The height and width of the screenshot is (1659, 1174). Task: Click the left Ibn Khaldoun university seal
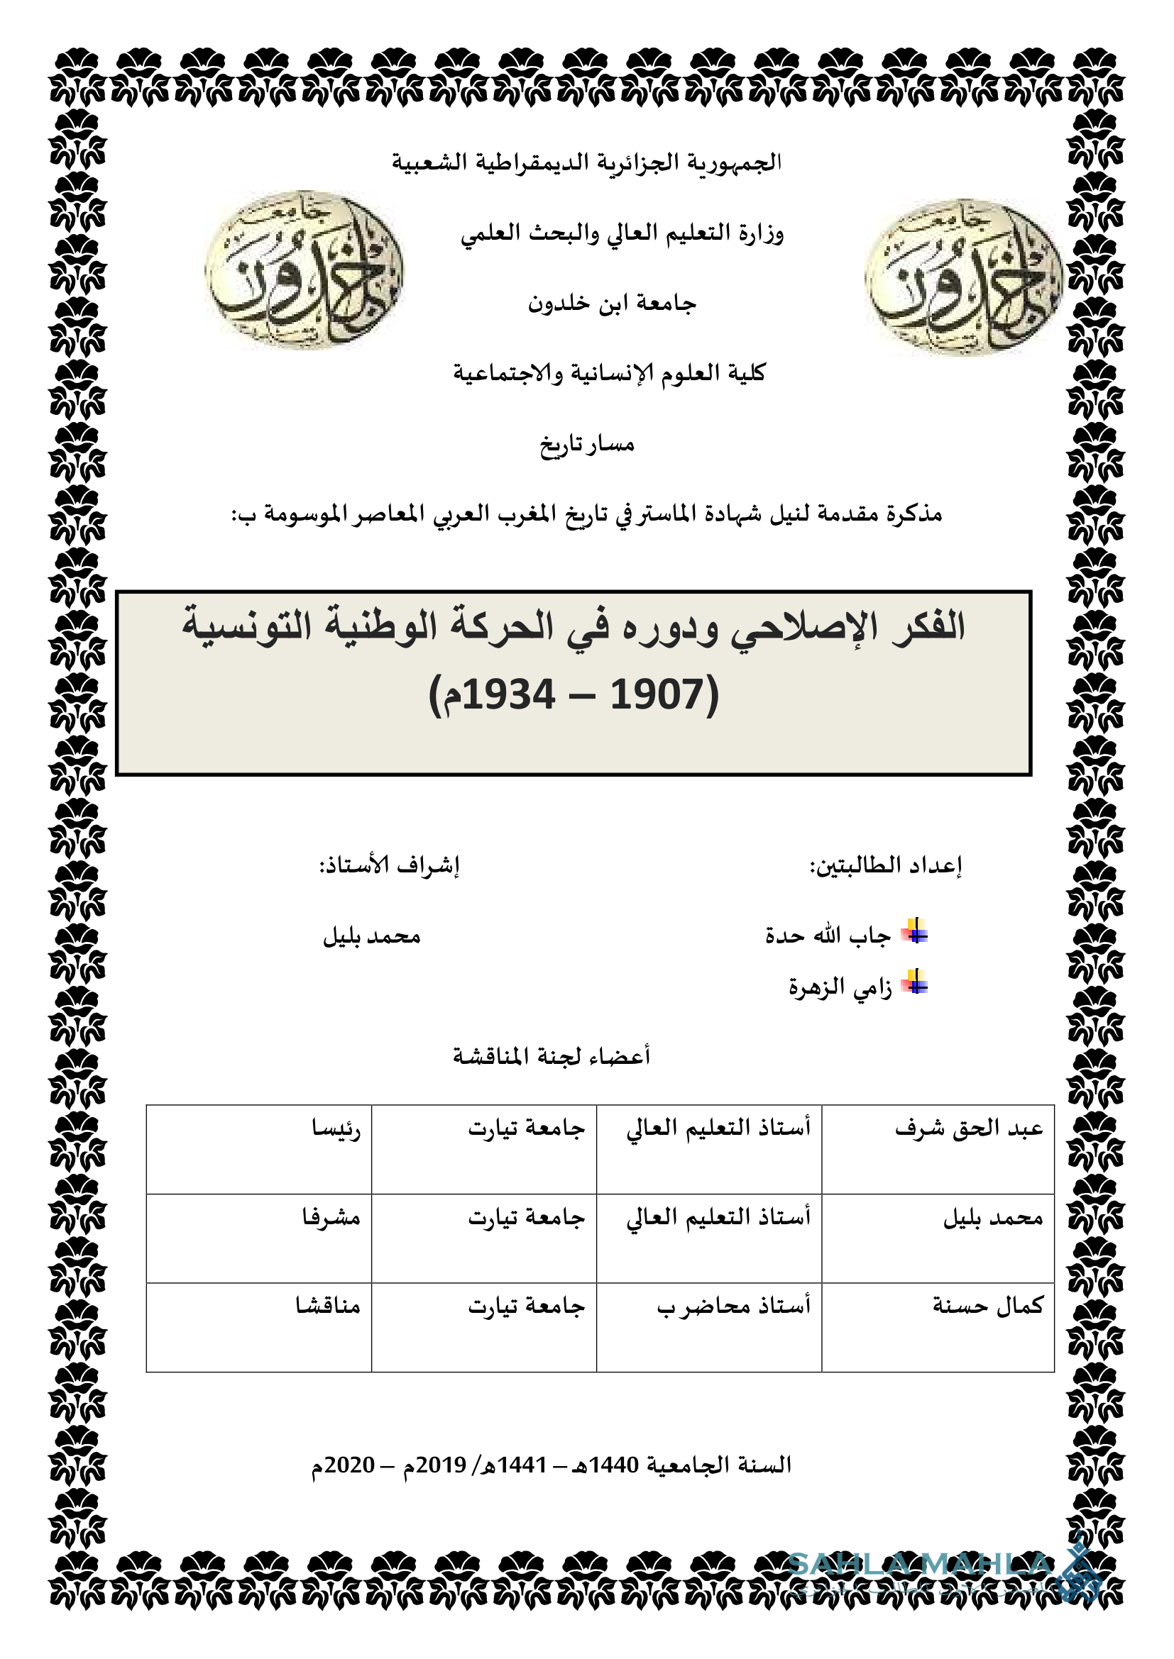click(x=304, y=270)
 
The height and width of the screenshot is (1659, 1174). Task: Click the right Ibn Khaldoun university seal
click(x=963, y=277)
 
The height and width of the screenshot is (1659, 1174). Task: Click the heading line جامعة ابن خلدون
click(x=612, y=304)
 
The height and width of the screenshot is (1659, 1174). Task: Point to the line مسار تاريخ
click(x=587, y=443)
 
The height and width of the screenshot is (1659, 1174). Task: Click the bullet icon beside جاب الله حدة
click(x=915, y=931)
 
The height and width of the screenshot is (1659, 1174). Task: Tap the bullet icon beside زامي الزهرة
click(x=915, y=982)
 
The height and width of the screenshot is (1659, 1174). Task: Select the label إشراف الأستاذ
click(x=390, y=865)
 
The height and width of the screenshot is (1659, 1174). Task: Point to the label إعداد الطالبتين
click(x=886, y=865)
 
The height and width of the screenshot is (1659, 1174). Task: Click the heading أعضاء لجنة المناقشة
click(x=552, y=1056)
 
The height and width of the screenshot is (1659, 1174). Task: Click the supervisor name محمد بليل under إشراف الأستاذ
click(x=371, y=936)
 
